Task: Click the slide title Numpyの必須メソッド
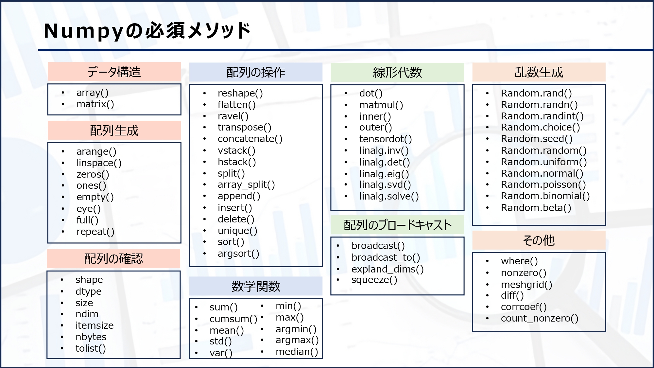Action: (147, 31)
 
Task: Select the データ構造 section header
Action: (114, 72)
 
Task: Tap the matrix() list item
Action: (95, 104)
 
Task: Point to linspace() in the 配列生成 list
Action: (99, 163)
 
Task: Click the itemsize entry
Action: (95, 325)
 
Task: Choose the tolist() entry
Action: (91, 348)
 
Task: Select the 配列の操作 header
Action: (256, 72)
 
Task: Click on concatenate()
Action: (250, 139)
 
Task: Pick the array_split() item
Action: (246, 185)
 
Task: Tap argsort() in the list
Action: (238, 254)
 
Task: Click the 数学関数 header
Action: (256, 287)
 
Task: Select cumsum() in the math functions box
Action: (233, 319)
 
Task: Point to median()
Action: (297, 352)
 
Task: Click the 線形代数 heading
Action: (397, 72)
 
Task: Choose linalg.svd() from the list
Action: (385, 185)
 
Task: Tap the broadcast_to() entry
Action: (386, 258)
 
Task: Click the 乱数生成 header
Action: (539, 72)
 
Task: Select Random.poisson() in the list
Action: (543, 185)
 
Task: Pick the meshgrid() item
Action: (526, 285)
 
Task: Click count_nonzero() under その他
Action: (540, 318)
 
